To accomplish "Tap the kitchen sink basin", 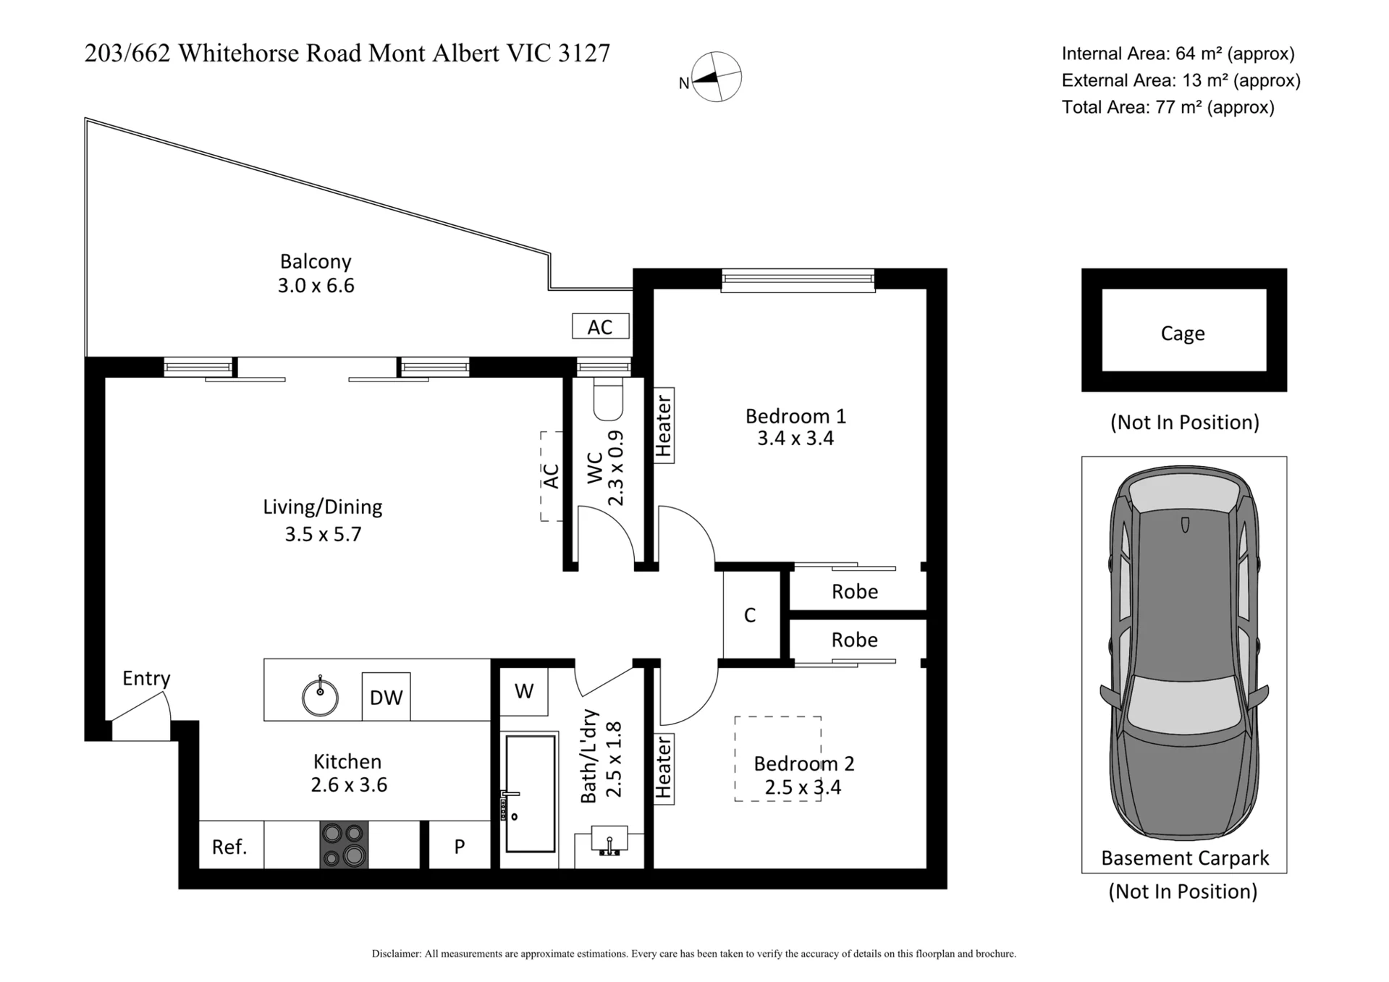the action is (x=320, y=697).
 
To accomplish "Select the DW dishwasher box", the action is (x=386, y=697).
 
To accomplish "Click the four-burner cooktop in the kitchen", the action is (x=344, y=845).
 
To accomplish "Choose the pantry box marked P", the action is (x=460, y=845).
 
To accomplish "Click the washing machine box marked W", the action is (x=524, y=691).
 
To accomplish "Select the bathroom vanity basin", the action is (x=609, y=842).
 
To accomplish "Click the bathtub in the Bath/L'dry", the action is (x=531, y=793).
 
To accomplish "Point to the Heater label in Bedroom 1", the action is (x=664, y=426).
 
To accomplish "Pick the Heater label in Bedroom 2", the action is (x=664, y=769).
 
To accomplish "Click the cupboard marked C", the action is (x=751, y=615).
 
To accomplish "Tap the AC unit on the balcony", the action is (x=600, y=326).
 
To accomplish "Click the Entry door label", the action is (x=146, y=679).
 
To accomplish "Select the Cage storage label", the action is (x=1183, y=334).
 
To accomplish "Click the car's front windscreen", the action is (x=1183, y=703).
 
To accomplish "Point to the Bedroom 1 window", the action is (x=798, y=280).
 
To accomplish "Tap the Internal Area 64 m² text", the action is (x=1178, y=54).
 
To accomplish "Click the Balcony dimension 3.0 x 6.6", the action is (x=316, y=286).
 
